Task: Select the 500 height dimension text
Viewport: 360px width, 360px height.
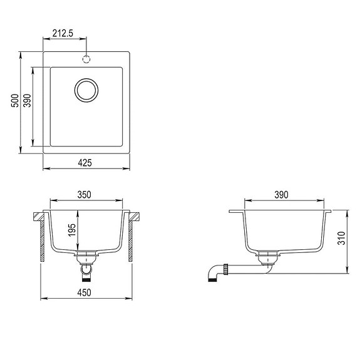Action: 14,102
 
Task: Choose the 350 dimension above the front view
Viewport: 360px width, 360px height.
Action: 85,195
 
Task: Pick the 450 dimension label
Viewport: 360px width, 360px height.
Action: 85,292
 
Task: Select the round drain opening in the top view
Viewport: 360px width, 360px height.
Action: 86,90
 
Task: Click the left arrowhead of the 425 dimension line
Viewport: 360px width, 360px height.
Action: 45,169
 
